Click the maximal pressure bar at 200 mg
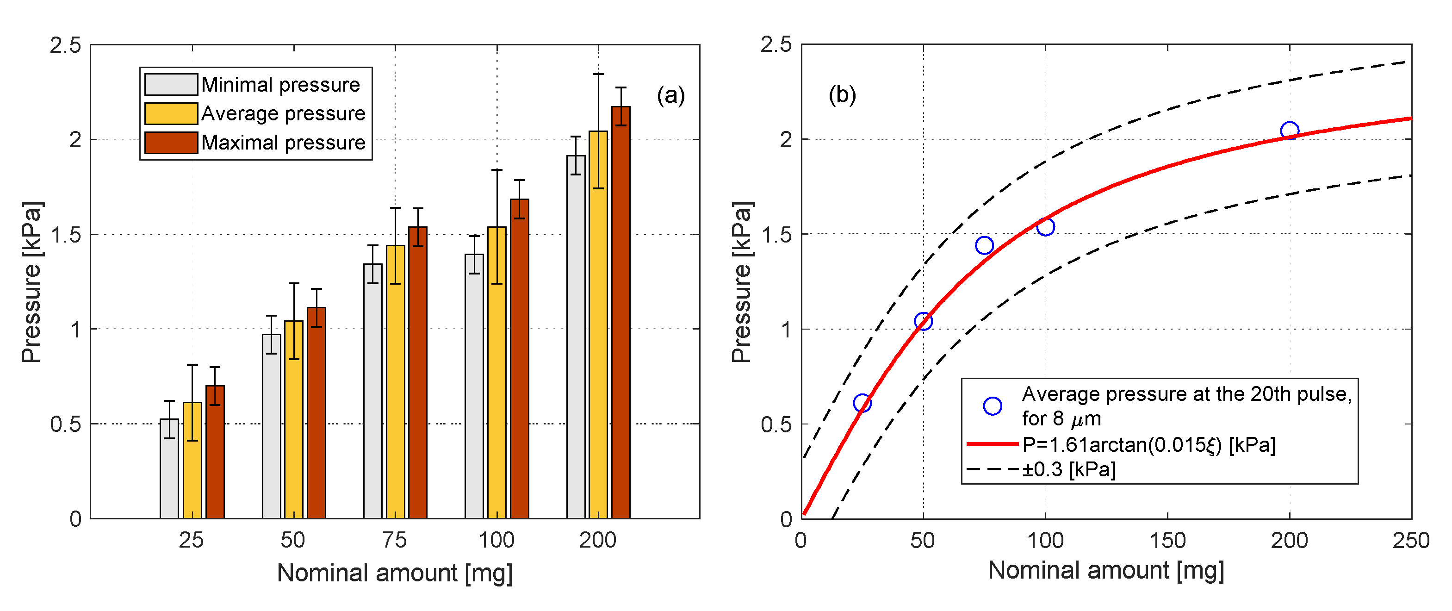click(x=621, y=313)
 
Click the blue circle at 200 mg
click(x=1289, y=131)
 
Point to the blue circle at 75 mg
click(x=984, y=245)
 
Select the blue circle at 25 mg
click(x=862, y=403)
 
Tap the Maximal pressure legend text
click(x=284, y=143)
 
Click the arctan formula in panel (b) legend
click(x=1149, y=445)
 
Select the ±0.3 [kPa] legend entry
click(x=1069, y=469)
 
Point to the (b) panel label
click(x=842, y=95)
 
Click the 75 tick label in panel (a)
click(x=395, y=540)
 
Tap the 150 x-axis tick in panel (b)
click(x=1167, y=540)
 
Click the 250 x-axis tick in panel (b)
click(x=1410, y=540)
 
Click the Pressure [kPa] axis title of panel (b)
click(x=742, y=282)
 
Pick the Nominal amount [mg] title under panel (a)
click(x=395, y=573)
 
